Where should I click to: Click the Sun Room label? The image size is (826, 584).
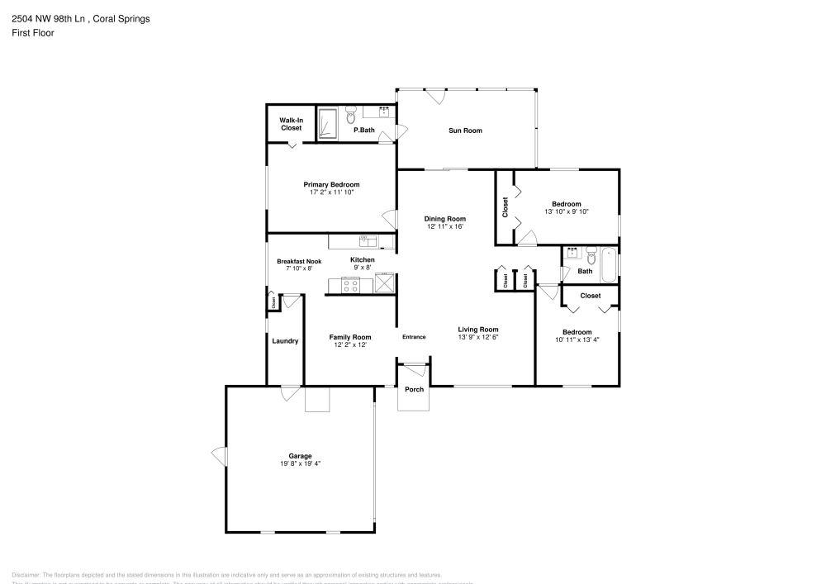(x=465, y=131)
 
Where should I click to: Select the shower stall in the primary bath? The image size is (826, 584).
(x=328, y=123)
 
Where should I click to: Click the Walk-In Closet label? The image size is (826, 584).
(x=291, y=124)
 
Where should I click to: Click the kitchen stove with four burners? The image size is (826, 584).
(x=350, y=285)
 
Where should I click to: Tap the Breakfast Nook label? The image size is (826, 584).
(x=298, y=261)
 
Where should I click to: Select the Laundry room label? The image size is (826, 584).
(x=285, y=340)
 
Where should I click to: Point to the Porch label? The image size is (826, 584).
(x=414, y=390)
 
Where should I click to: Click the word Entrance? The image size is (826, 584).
(x=414, y=337)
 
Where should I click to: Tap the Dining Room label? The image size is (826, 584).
(x=445, y=219)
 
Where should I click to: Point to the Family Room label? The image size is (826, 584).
(x=350, y=337)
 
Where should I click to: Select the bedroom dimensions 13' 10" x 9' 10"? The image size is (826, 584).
(x=566, y=211)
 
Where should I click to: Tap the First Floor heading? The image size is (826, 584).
(x=33, y=33)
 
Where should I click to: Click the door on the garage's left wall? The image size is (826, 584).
(x=219, y=455)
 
